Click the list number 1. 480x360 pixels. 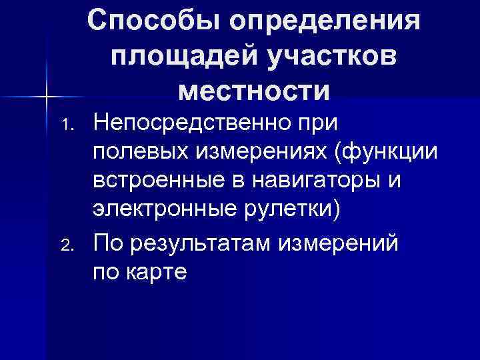coord(65,125)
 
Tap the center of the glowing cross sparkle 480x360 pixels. coord(47,97)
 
